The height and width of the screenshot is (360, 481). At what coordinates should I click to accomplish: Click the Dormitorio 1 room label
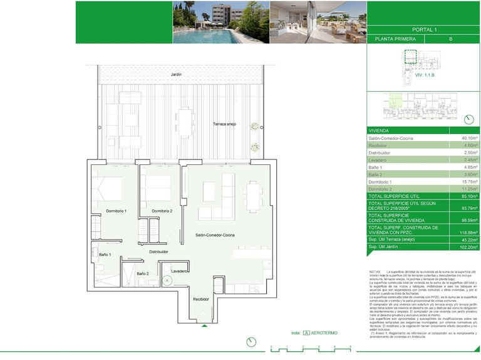116,211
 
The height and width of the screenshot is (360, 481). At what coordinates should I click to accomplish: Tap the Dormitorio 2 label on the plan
162,211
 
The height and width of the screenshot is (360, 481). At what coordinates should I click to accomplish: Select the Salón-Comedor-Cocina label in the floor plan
215,234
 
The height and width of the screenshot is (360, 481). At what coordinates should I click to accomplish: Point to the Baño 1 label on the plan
104,255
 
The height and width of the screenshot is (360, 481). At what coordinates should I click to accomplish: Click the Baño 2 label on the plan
142,274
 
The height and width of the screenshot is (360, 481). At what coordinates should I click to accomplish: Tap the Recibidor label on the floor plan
200,299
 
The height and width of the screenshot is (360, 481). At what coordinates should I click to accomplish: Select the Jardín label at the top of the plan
176,74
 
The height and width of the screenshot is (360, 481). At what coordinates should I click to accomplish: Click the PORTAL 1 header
424,29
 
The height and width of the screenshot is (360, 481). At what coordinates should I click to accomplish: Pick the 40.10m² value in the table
469,137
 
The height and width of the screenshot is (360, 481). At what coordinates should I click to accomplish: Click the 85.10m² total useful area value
469,196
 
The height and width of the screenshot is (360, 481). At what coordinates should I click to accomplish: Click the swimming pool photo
220,22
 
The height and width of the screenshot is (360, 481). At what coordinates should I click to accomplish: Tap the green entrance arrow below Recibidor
204,326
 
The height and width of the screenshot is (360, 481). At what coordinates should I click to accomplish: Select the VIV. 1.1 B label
424,75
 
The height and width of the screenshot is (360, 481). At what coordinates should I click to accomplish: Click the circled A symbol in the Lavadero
167,281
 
